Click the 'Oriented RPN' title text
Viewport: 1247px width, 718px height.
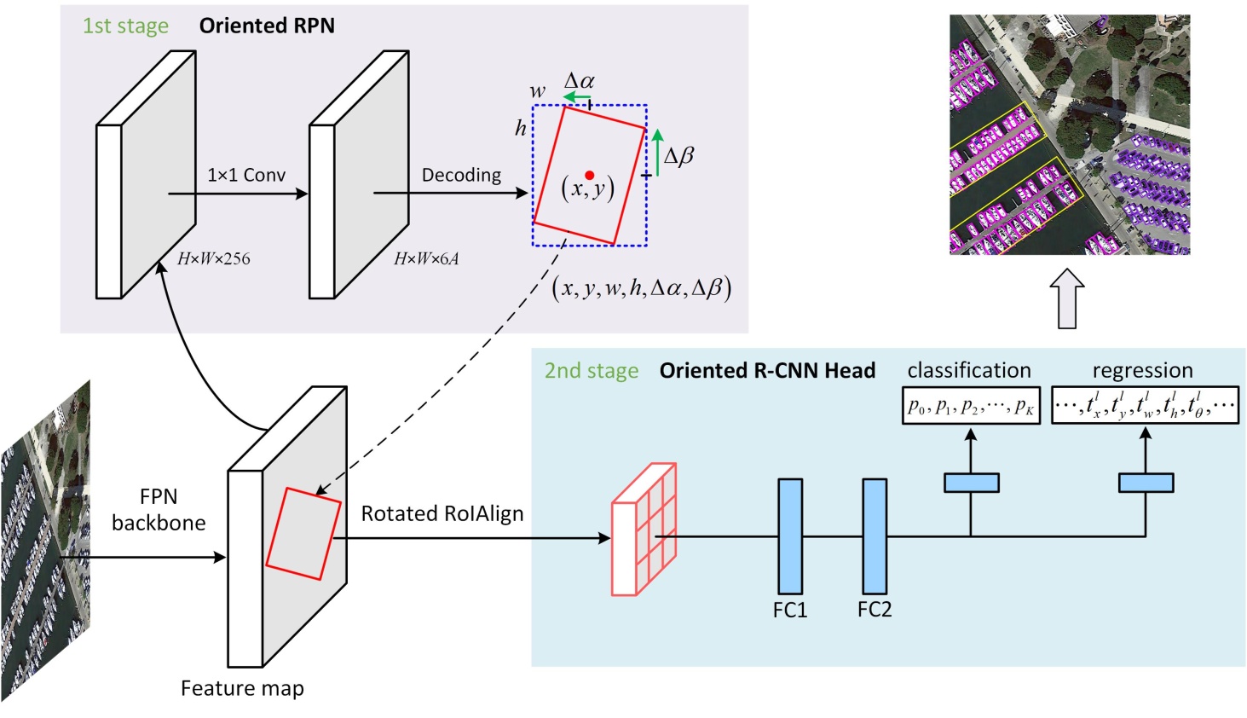(267, 26)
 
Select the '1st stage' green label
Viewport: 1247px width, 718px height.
(125, 26)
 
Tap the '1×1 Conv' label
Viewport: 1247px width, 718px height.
(246, 175)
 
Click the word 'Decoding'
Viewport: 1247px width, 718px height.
(461, 175)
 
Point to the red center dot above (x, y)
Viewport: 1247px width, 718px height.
(589, 175)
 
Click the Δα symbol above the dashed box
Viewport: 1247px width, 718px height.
(580, 82)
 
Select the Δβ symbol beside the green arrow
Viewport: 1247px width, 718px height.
(678, 156)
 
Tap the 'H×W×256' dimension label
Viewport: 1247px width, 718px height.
(213, 258)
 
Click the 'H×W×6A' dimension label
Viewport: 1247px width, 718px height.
(426, 258)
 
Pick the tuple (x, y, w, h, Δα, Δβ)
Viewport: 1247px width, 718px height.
(642, 288)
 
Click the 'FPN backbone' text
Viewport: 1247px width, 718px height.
(159, 510)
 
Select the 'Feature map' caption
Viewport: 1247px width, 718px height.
(242, 688)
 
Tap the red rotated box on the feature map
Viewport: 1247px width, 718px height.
(303, 534)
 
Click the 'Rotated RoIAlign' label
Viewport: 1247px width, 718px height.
(442, 513)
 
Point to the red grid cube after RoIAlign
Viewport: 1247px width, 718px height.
(644, 530)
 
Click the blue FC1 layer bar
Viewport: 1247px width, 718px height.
(790, 536)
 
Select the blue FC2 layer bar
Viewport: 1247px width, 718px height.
(875, 536)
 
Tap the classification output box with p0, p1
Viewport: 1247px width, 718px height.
(971, 406)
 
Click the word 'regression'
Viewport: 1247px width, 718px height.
(1142, 370)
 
